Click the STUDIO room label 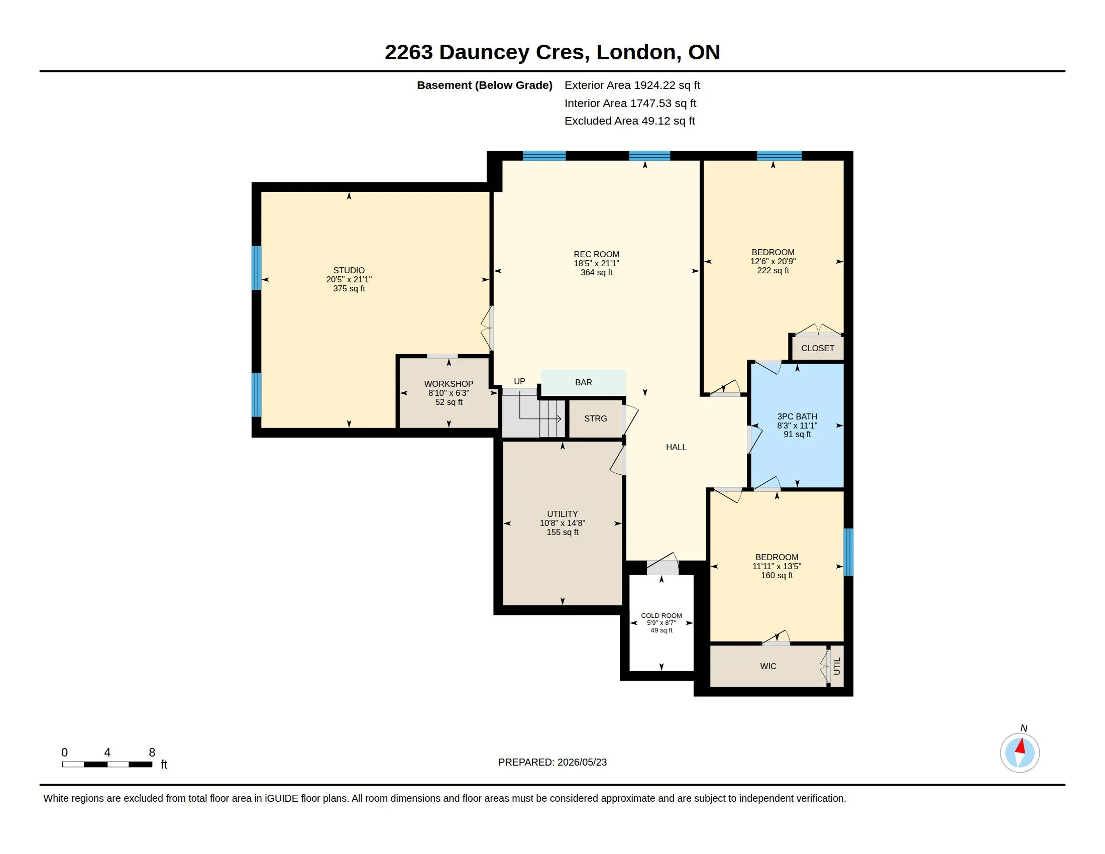pos(349,270)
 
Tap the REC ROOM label pos(596,255)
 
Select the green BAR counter pos(583,382)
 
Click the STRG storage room pos(595,418)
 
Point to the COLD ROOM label pos(661,616)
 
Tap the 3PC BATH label pos(797,416)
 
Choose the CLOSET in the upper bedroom pos(818,348)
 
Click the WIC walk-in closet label pos(768,666)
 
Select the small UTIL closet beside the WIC pos(837,666)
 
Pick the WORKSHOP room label pos(448,384)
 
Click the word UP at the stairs pos(520,381)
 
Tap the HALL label pos(676,447)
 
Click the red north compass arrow pos(1021,746)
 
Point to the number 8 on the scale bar pos(152,753)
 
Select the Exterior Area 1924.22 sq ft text pos(632,85)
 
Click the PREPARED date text pos(552,762)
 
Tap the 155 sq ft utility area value pos(562,532)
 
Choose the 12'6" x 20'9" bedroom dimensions pos(772,262)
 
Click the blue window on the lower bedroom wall pos(848,552)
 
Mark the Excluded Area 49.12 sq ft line pos(629,121)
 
